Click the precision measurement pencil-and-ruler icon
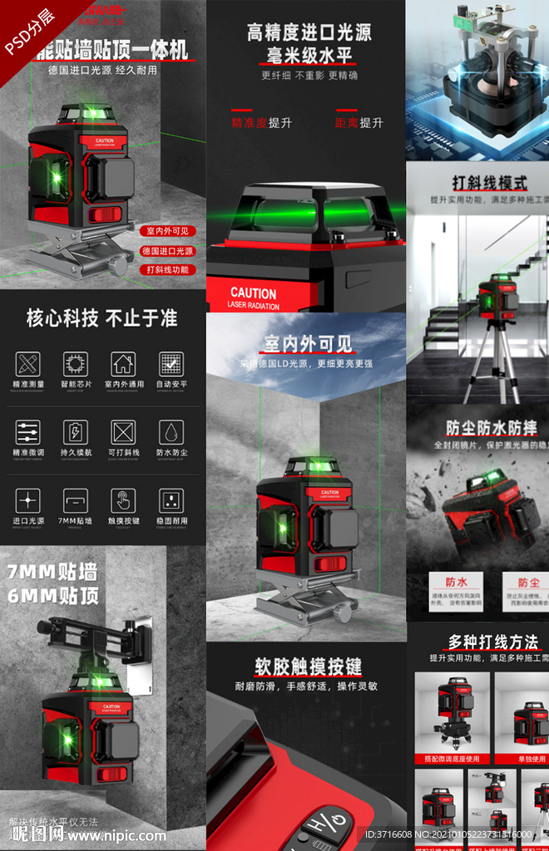[x=27, y=363]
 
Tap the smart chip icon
[x=76, y=363]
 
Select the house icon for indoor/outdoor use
[x=124, y=363]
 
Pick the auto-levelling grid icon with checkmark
[x=171, y=363]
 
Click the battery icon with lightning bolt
[x=76, y=432]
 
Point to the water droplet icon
[x=171, y=432]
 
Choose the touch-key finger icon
[x=124, y=500]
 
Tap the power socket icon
[x=171, y=500]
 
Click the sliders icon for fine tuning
[x=27, y=432]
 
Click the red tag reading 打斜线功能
[x=167, y=269]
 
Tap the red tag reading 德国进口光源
[x=167, y=250]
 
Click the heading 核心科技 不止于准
[x=101, y=318]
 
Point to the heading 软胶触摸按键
[x=308, y=667]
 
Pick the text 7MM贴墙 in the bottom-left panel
[x=52, y=572]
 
